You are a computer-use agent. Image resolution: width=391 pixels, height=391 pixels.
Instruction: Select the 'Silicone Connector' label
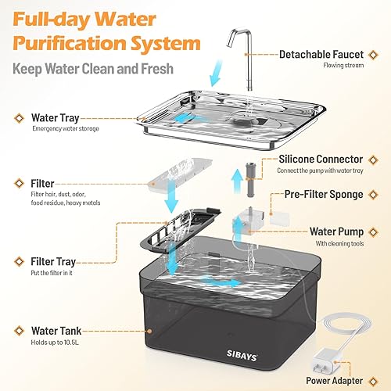pyautogui.click(x=325, y=160)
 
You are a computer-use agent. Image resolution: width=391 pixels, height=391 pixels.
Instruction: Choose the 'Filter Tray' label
pyautogui.click(x=55, y=261)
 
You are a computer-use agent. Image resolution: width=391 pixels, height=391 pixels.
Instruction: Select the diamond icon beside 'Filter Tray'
pyautogui.click(x=17, y=261)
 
